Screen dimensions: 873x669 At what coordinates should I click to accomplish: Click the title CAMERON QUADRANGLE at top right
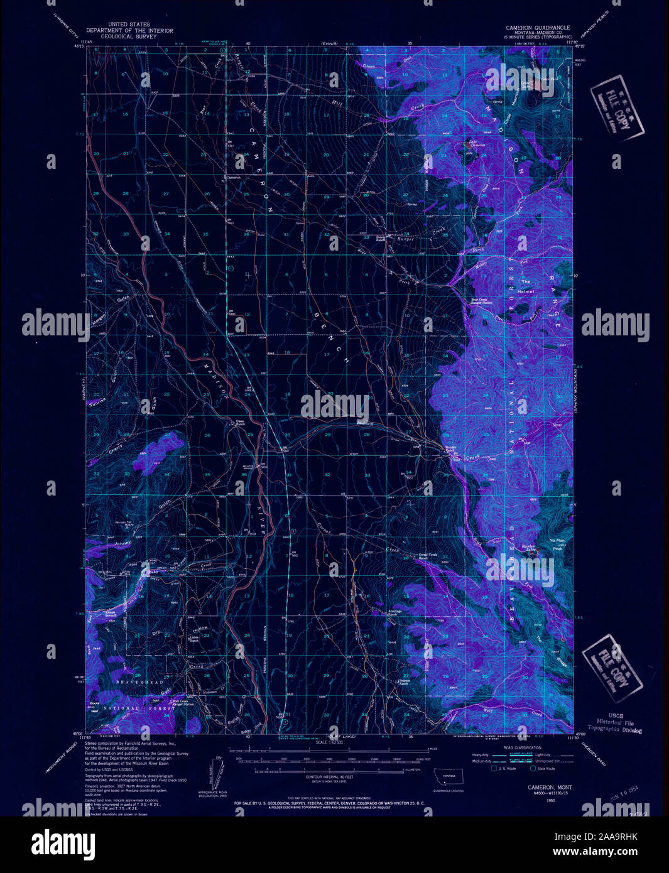click(x=538, y=28)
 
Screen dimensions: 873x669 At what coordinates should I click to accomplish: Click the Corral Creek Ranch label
click(x=432, y=556)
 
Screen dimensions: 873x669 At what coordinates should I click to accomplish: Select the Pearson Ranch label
click(x=404, y=682)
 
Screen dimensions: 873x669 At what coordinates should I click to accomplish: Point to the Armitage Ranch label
click(x=393, y=612)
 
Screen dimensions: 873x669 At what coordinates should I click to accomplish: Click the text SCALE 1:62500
click(x=334, y=743)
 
